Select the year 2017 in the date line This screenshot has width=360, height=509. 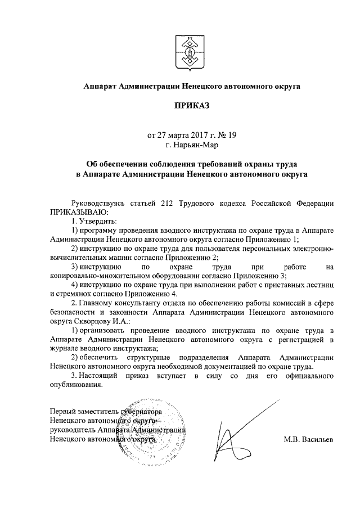pos(192,135)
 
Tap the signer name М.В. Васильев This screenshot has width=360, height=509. pos(308,439)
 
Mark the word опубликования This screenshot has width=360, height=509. pos(76,385)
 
